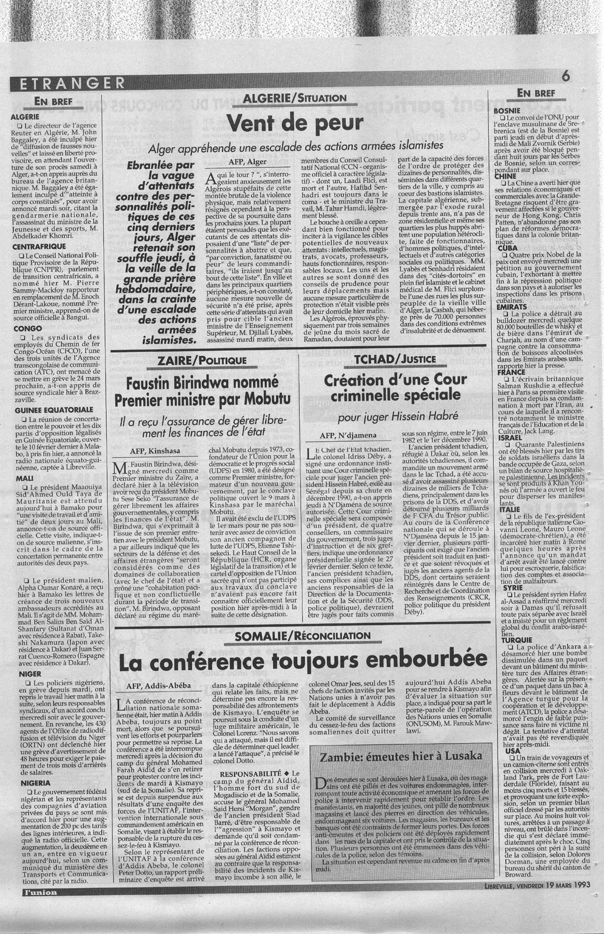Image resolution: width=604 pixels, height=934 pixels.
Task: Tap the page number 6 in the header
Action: click(567, 75)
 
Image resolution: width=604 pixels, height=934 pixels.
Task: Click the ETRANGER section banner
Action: click(65, 83)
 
